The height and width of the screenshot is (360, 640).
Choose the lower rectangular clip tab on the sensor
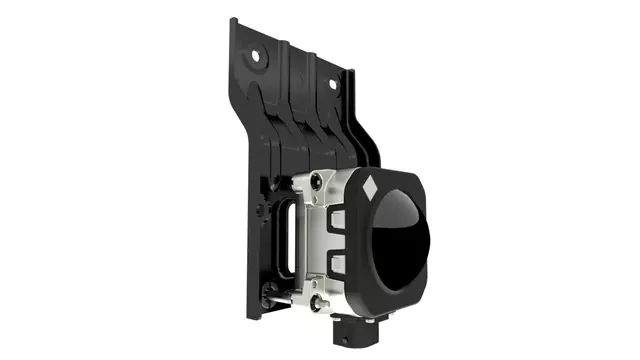pyautogui.click(x=337, y=264)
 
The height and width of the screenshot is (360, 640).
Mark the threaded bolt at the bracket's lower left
pyautogui.click(x=268, y=292)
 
